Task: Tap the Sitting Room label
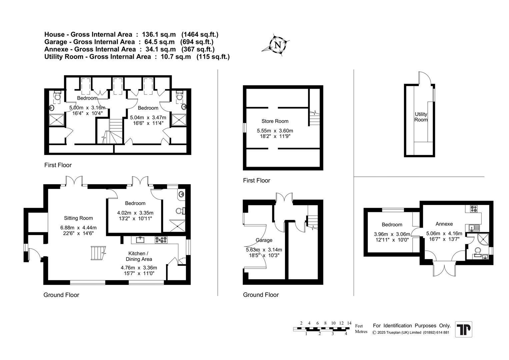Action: [78, 218]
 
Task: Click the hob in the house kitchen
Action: [162, 240]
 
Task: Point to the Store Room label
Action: [275, 121]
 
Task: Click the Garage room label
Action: [264, 240]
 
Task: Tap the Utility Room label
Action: [421, 117]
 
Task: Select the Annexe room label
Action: [444, 224]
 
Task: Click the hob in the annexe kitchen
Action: [474, 209]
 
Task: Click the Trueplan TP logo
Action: [464, 329]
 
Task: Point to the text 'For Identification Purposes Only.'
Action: [412, 326]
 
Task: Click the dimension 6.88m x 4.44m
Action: [78, 228]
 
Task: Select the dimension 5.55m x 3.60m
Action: [275, 131]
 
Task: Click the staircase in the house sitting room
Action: [98, 253]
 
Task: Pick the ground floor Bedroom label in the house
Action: [135, 203]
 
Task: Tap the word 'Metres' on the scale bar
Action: [361, 332]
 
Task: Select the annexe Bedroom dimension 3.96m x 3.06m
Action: [392, 234]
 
